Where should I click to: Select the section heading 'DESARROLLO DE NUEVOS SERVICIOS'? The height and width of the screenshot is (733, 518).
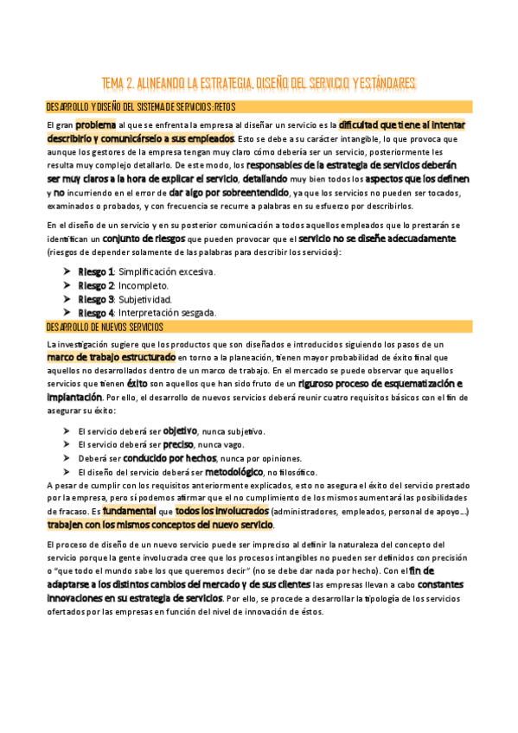(x=110, y=327)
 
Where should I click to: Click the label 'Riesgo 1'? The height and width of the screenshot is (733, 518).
(x=96, y=271)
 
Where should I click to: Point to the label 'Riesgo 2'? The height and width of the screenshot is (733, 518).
(x=96, y=285)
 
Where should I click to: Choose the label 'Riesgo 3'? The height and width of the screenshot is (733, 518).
(x=96, y=299)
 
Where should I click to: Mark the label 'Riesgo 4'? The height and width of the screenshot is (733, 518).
(x=96, y=313)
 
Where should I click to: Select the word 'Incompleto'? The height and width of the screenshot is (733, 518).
(x=144, y=285)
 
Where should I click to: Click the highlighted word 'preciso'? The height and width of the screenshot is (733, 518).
(x=179, y=444)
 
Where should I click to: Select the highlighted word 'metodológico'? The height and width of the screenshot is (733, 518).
(x=233, y=472)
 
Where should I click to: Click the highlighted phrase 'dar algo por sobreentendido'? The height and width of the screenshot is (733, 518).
(x=229, y=192)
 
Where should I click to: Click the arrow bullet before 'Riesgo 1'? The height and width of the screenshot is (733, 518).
(x=67, y=271)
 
